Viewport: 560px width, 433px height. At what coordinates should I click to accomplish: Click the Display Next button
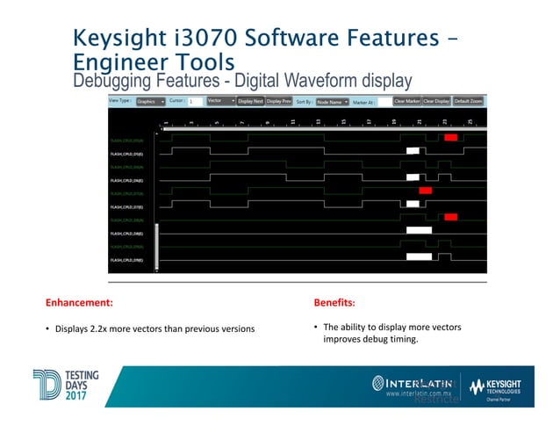250,101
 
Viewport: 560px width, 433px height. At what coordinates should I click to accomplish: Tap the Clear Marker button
407,101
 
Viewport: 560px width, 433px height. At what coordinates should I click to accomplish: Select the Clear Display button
436,101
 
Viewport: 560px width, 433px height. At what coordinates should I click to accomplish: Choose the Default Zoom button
468,101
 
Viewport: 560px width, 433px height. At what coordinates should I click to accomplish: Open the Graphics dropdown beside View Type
151,101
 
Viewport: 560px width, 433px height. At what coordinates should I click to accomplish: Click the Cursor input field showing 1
196,102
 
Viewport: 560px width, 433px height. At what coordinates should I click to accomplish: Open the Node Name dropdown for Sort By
333,101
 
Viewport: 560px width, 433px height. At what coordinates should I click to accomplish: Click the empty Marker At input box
384,102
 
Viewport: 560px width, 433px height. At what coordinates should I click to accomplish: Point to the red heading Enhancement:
80,303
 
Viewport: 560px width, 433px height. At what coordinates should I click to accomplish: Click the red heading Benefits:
334,303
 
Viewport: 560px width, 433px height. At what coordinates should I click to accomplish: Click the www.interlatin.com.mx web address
423,394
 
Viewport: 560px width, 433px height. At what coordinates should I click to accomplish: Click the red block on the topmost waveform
450,137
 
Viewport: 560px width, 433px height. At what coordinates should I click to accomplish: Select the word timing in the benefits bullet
404,338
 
